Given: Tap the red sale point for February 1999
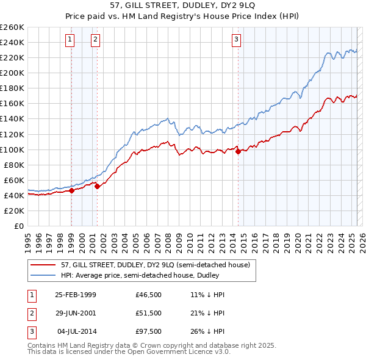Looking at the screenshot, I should click(71, 190).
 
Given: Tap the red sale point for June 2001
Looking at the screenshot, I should click(97, 187).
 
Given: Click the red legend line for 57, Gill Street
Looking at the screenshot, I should click(43, 265).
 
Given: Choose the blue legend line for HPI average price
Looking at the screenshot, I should click(43, 275).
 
